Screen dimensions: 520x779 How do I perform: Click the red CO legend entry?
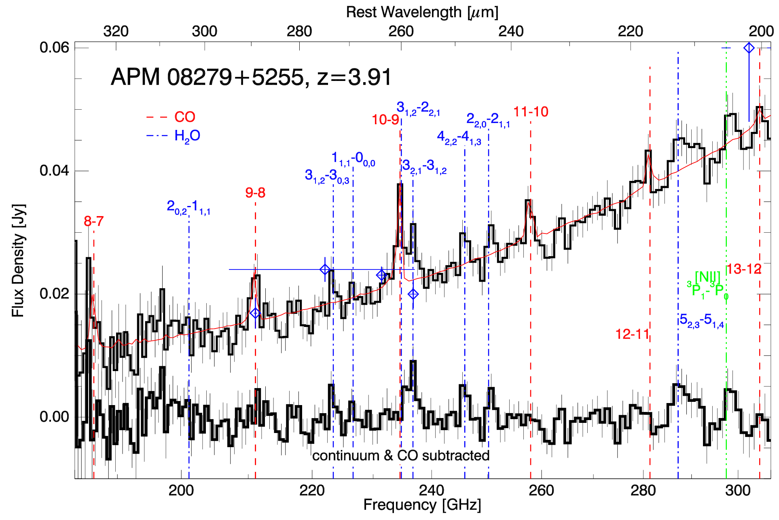tap(184, 117)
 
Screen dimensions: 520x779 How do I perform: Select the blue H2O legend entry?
tap(187, 136)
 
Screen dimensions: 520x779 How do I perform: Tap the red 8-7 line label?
tap(93, 221)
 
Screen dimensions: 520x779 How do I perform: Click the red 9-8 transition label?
tap(255, 193)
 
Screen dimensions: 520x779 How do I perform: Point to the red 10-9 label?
tap(385, 119)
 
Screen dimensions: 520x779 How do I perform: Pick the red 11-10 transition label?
tap(531, 112)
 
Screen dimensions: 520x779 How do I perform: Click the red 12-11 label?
tap(632, 334)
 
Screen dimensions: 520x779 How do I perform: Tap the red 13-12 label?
tap(743, 269)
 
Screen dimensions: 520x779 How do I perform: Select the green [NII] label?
tap(707, 277)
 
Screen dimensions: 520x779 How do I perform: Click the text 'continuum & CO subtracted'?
tap(401, 456)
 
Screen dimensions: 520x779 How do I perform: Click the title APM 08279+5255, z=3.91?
tap(251, 77)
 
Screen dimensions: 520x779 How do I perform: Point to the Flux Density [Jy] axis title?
tap(18, 260)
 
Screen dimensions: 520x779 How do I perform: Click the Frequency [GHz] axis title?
tap(422, 505)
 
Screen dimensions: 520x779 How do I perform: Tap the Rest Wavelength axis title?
tap(422, 12)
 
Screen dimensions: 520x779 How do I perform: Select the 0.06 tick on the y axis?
tap(54, 48)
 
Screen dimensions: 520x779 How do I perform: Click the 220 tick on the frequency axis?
tap(312, 490)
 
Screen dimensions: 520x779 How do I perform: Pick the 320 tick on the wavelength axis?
tap(116, 31)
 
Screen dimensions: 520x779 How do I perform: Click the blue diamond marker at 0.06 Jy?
tap(749, 48)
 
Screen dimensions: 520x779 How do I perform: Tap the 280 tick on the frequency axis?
tap(643, 490)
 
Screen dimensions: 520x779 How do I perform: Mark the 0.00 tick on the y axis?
tap(54, 417)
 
